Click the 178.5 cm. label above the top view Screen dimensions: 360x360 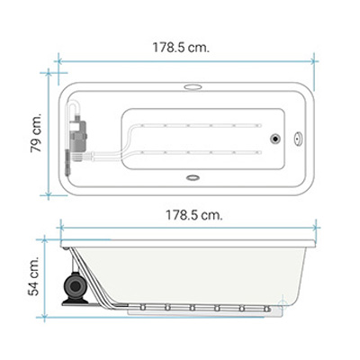[x=181, y=48]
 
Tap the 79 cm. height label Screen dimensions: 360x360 [x=36, y=132]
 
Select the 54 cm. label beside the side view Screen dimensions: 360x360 [x=33, y=275]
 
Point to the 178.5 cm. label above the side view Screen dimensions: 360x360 [x=194, y=215]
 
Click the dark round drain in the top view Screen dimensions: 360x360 [x=275, y=139]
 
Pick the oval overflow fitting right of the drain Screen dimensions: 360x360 [x=298, y=139]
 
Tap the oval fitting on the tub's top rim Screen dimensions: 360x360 [x=193, y=87]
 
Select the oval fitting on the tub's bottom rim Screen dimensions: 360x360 [x=193, y=178]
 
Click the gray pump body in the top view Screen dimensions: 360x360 [x=77, y=136]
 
